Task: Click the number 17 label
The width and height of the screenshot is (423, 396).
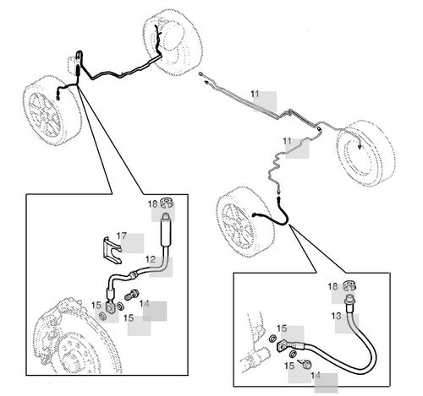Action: pos(122,236)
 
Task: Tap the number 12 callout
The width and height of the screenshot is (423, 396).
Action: pos(151,259)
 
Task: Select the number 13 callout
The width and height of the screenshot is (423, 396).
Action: pos(336,316)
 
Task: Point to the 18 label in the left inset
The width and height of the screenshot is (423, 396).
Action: pos(152,204)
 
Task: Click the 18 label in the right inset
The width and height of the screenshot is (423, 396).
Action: pos(332,286)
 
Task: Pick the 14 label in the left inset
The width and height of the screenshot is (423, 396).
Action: pos(144,303)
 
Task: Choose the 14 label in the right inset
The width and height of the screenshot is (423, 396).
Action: pos(316,376)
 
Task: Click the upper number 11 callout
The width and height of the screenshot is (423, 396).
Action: pos(255,94)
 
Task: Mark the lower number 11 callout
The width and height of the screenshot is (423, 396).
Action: pos(287,141)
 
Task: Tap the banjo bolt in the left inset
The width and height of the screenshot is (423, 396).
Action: pos(131,296)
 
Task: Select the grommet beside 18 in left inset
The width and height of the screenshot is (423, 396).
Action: pos(167,203)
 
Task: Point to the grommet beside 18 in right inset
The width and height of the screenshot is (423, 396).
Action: pos(349,286)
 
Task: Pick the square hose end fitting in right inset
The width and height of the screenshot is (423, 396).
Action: pos(283,346)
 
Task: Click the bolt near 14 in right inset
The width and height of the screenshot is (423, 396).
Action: pos(305,364)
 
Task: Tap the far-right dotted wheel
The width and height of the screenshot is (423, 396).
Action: pos(365,154)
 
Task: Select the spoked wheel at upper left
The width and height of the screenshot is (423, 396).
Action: pos(52,111)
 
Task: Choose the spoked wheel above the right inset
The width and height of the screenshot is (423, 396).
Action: pos(246,222)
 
